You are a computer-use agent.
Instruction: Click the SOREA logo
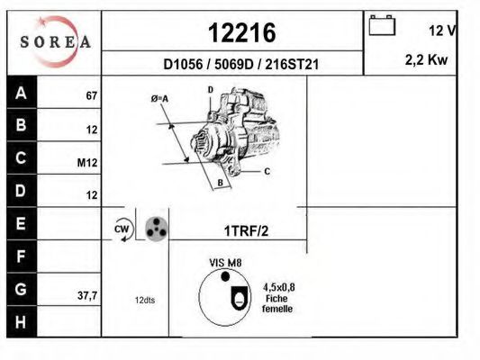(56, 41)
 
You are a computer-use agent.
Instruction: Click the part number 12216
(242, 32)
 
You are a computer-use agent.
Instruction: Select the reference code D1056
(183, 65)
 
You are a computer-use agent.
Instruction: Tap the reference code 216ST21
(292, 65)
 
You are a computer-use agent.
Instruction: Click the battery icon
(382, 25)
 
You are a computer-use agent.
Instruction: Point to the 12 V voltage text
(442, 31)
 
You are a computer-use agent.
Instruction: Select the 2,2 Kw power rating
(426, 60)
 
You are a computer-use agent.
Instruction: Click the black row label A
(21, 93)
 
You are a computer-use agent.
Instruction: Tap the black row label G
(21, 289)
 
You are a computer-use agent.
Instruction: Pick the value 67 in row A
(92, 95)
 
